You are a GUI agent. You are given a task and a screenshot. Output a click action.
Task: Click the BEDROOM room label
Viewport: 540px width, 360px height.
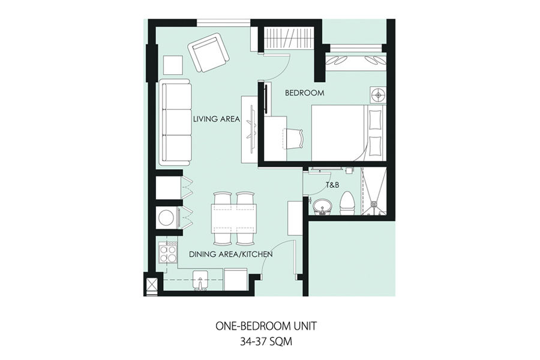point(304,92)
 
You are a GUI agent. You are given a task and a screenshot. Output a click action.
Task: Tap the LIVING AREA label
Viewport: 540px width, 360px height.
point(216,119)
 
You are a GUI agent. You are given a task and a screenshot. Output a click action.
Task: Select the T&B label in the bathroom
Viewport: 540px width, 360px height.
point(332,185)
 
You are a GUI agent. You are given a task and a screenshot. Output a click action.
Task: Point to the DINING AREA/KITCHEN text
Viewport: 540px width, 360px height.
point(231,254)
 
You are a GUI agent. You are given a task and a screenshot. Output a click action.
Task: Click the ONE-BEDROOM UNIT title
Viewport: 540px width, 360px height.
point(266,326)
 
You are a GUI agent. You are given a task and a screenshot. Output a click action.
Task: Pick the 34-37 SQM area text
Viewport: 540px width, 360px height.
point(266,341)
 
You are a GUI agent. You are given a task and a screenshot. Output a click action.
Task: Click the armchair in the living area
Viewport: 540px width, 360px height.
point(209,52)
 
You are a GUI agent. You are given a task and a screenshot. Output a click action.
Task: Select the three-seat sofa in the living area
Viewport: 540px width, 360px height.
point(175,122)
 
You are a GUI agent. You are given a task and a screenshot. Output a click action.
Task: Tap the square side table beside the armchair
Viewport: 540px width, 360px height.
point(173,65)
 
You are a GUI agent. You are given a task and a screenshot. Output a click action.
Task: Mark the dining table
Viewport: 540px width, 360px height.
point(234,218)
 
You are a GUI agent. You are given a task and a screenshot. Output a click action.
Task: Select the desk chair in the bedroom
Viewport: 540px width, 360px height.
point(294,139)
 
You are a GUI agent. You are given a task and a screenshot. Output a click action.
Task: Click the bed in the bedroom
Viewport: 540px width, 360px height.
point(349,133)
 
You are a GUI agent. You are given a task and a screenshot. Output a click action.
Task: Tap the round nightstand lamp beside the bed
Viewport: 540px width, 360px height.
point(378,94)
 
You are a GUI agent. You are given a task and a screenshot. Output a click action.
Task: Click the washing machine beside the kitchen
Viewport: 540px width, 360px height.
point(167,218)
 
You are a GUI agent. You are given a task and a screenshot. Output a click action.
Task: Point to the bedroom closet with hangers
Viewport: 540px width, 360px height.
point(289,38)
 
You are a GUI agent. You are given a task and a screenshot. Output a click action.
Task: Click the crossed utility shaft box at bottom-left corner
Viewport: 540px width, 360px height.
point(151,284)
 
